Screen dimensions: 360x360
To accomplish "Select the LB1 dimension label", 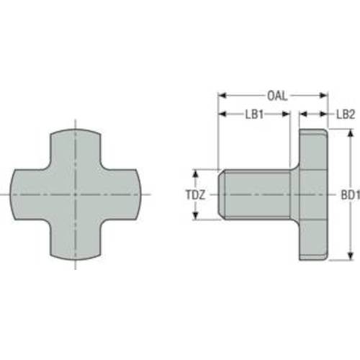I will pos(254,114).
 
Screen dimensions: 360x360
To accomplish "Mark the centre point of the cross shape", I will pos(76,194).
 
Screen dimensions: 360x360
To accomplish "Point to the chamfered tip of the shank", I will pos(222,194).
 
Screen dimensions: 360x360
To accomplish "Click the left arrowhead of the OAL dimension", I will pos(221,95).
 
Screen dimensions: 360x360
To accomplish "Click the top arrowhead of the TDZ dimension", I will pos(196,173).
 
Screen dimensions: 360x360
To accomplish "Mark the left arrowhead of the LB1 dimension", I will pos(222,114).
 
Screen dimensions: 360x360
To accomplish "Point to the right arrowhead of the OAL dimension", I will pos(326,95).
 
